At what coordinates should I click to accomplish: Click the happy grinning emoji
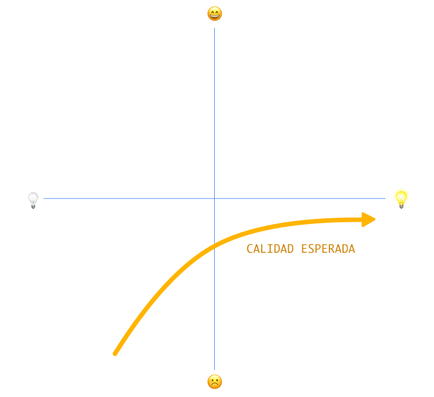tap(215, 14)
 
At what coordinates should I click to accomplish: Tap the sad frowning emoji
tap(215, 382)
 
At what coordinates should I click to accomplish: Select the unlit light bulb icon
tap(33, 200)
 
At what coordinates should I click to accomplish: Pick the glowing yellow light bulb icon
tap(401, 198)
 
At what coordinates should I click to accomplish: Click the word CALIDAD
tap(270, 249)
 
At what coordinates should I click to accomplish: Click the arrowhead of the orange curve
tap(370, 219)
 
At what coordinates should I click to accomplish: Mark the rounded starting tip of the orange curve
tap(115, 353)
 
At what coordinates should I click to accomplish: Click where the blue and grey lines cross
tap(215, 198)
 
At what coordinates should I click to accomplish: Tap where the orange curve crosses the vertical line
tap(215, 244)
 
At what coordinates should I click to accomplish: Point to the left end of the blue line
tap(44, 198)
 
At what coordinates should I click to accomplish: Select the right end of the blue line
tap(385, 198)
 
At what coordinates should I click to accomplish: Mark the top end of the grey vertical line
tap(215, 28)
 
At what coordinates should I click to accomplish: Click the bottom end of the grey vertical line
tap(215, 369)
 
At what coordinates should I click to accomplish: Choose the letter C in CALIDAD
tap(250, 249)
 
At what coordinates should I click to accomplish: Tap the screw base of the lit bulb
tap(402, 205)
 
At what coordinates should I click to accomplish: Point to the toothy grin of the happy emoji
tap(215, 16)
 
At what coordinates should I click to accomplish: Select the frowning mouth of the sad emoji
tap(215, 385)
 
